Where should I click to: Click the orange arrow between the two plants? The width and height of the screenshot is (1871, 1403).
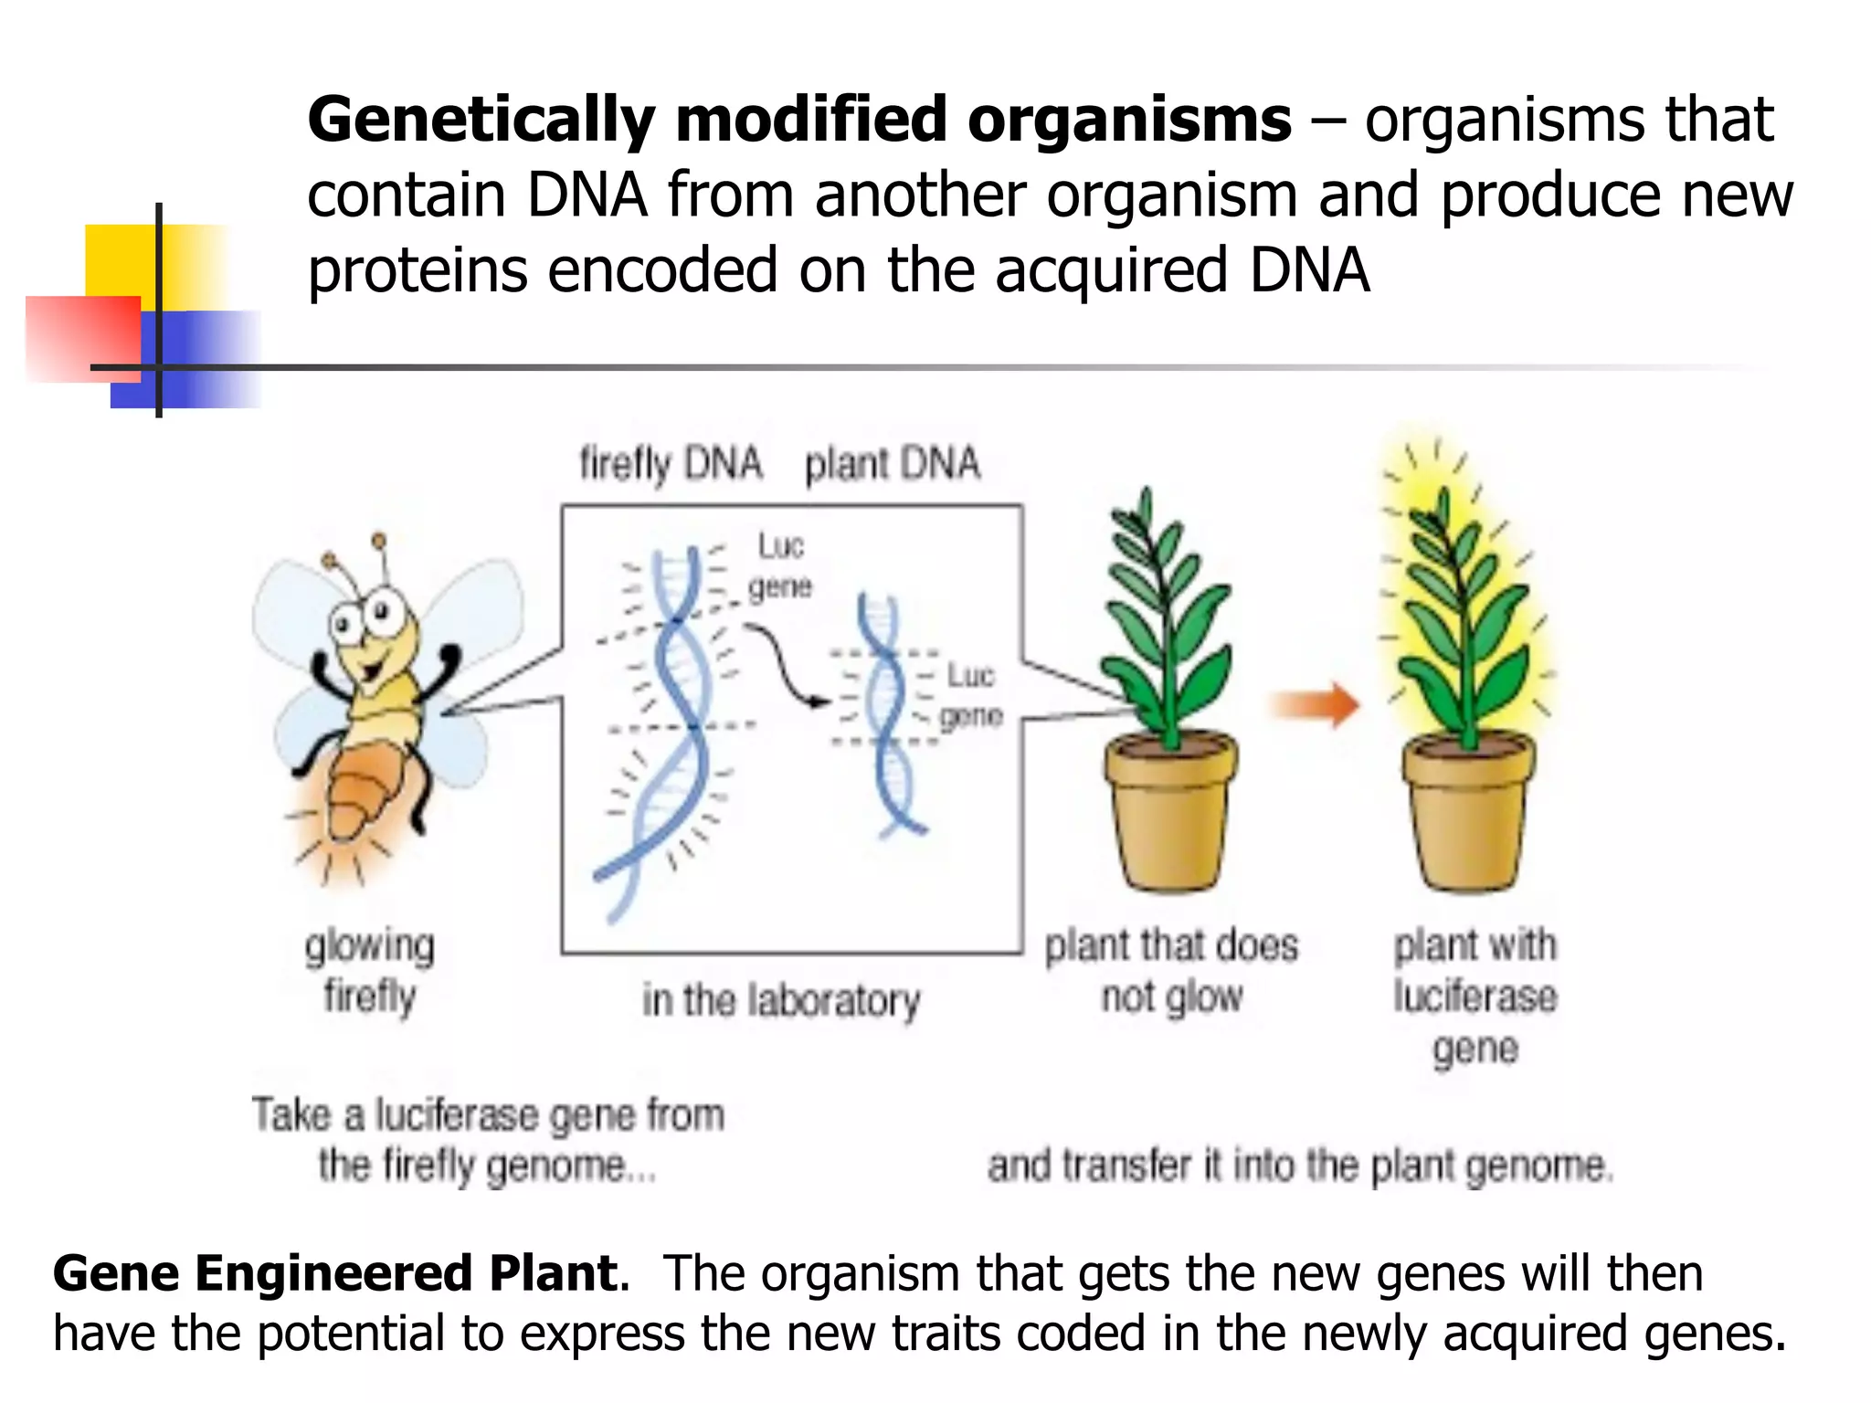pyautogui.click(x=1316, y=704)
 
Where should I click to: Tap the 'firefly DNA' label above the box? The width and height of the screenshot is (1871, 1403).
pyautogui.click(x=671, y=464)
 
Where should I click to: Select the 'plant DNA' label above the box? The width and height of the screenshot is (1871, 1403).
pyautogui.click(x=892, y=464)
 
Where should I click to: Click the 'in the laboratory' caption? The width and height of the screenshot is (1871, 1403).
pyautogui.click(x=780, y=1000)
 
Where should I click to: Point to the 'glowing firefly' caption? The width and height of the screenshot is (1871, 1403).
pyautogui.click(x=370, y=970)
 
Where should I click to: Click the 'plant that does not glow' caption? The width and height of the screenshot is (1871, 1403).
pyautogui.click(x=1171, y=970)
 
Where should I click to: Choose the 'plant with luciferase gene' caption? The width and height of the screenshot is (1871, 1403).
pyautogui.click(x=1475, y=996)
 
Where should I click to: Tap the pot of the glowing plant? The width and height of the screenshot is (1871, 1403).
pyautogui.click(x=1469, y=813)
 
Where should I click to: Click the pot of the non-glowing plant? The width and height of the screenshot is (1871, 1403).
pyautogui.click(x=1170, y=813)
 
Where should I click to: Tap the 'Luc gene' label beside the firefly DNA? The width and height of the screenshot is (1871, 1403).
pyautogui.click(x=779, y=565)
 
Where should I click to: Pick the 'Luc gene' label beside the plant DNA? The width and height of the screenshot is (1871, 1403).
pyautogui.click(x=970, y=695)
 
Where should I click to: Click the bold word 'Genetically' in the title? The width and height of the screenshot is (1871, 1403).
pyautogui.click(x=481, y=121)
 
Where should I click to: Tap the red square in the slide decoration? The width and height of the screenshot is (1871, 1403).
pyautogui.click(x=82, y=338)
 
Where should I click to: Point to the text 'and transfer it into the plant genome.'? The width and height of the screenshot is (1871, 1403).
pyautogui.click(x=1300, y=1166)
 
